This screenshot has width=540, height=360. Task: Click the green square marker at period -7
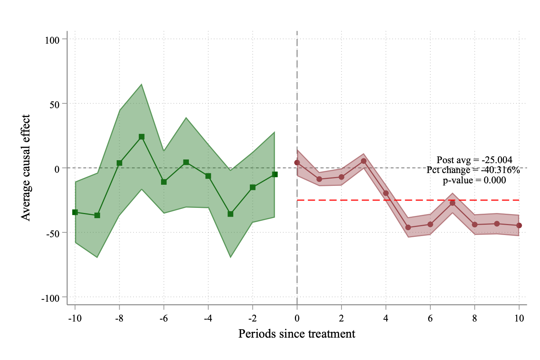142,137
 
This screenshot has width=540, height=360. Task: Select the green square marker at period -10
75,212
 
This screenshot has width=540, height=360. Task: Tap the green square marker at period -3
230,214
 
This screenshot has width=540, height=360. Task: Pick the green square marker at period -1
275,175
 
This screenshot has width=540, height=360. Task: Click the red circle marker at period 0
297,162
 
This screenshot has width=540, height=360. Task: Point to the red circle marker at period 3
364,161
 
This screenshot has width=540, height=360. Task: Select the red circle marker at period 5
408,227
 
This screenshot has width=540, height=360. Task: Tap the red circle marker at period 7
452,203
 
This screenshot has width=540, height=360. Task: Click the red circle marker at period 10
519,225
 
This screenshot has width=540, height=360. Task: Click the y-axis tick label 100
52,40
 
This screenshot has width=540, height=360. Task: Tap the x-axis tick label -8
119,318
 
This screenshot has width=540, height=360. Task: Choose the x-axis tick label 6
430,318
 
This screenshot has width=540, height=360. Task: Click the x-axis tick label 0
297,318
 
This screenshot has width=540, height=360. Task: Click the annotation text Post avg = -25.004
474,160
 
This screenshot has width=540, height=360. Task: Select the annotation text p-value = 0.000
474,180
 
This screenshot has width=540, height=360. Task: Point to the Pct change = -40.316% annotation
473,170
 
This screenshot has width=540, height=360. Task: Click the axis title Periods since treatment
297,334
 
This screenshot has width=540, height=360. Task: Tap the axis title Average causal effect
26,168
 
